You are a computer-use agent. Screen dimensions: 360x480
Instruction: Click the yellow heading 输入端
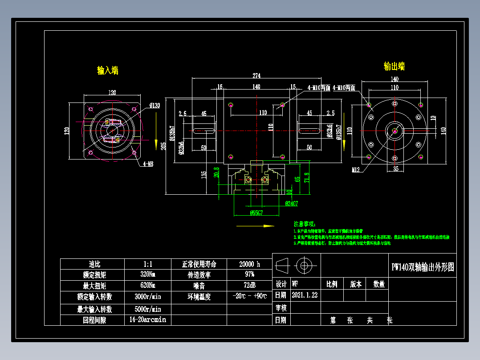click(x=108, y=70)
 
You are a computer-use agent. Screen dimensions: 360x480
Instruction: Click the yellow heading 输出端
click(x=394, y=66)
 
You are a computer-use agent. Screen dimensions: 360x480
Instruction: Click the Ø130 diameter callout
click(x=155, y=106)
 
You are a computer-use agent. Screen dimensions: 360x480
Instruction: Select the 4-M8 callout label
click(x=148, y=164)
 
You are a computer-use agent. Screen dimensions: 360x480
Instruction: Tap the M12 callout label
click(x=355, y=170)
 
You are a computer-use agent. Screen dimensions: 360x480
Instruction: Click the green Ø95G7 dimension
click(x=256, y=213)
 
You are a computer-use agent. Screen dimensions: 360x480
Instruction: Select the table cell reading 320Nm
click(x=147, y=275)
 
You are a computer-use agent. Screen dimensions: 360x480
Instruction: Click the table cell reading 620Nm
click(x=147, y=286)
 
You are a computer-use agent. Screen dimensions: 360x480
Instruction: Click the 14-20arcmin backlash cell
click(x=147, y=320)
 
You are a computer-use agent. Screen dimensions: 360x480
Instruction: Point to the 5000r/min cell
click(x=147, y=309)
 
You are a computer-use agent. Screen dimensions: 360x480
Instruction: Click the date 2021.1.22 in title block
click(x=305, y=295)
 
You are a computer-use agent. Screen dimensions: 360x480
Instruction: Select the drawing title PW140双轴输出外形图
click(x=423, y=267)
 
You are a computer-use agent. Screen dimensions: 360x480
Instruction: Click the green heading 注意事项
click(x=304, y=224)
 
